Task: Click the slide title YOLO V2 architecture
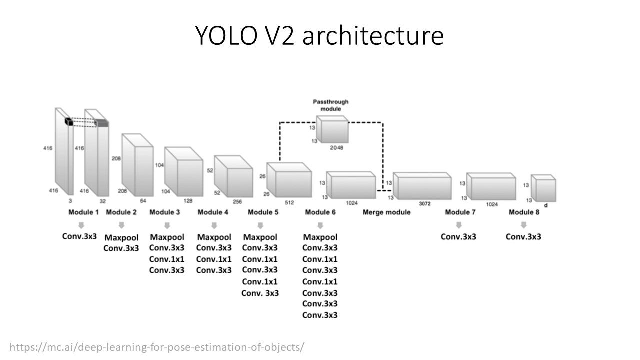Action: click(319, 35)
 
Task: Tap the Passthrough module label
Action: click(330, 105)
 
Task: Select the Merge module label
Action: click(386, 212)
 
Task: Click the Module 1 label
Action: click(84, 212)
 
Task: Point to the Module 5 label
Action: click(263, 212)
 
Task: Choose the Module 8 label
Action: click(524, 212)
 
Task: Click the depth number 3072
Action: click(425, 204)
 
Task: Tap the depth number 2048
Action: click(338, 148)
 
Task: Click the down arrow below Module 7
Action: click(459, 225)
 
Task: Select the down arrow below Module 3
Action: click(167, 225)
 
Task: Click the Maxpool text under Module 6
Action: click(320, 237)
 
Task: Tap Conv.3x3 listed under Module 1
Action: click(80, 236)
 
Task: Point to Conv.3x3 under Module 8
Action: click(523, 236)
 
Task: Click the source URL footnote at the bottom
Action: click(156, 347)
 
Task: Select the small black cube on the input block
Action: click(68, 121)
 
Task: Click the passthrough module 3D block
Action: click(332, 130)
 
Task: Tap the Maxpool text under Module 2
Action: click(121, 237)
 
